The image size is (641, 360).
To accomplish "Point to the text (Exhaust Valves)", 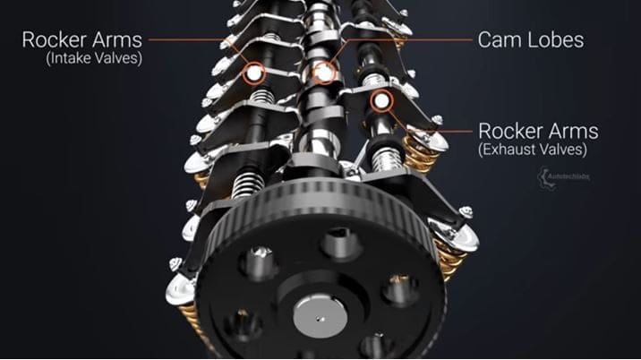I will [533, 150].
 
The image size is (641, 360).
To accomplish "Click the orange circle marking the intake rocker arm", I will [255, 71].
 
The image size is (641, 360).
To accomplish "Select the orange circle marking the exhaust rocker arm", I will [382, 101].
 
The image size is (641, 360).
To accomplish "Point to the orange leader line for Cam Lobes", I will [403, 41].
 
